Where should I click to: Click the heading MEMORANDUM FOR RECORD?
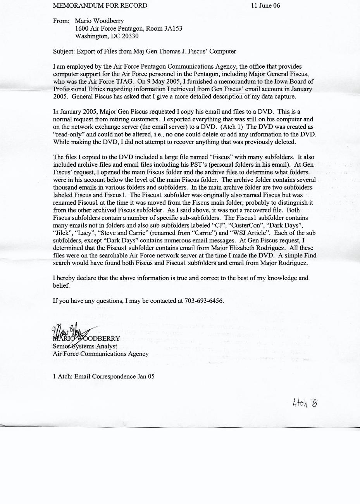point(100,5)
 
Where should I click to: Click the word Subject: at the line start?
point(64,51)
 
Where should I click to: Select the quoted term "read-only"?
point(67,135)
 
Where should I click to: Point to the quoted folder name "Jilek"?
point(61,233)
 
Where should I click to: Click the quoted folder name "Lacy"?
point(84,233)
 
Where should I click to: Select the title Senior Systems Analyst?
point(85,346)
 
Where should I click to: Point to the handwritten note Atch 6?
point(305,403)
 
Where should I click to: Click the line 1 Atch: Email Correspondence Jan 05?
point(103,376)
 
